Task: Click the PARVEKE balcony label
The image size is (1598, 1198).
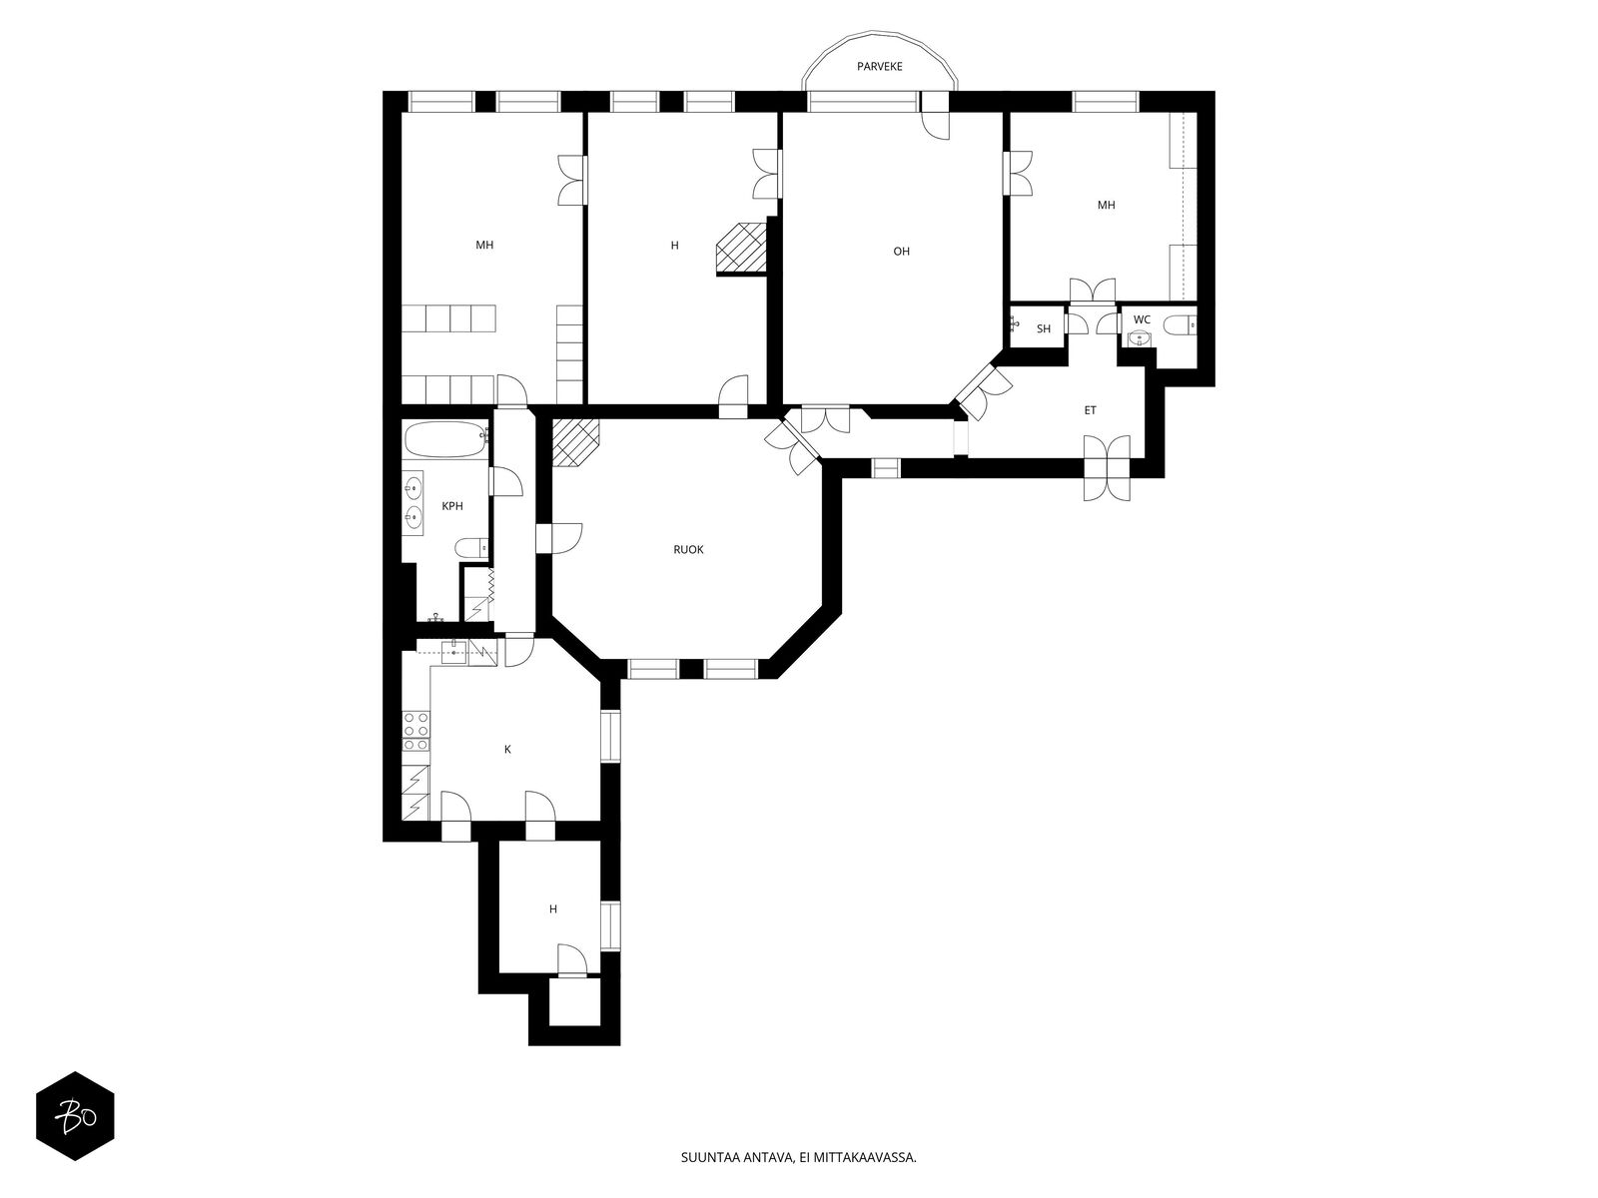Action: (x=880, y=66)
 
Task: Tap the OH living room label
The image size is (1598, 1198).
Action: (x=901, y=252)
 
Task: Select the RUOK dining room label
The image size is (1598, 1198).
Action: (x=688, y=550)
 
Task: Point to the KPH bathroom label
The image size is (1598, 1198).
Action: (x=452, y=506)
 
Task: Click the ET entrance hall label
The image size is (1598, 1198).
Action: (x=1090, y=411)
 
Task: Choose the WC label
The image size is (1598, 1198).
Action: (x=1142, y=320)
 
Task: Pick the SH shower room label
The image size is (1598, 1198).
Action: (x=1044, y=329)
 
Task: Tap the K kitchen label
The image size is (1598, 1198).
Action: (x=507, y=750)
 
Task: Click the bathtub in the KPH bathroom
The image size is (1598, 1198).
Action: (x=446, y=439)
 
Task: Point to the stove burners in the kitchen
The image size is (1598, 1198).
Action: (x=416, y=731)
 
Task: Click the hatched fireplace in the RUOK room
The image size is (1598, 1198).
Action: (x=575, y=442)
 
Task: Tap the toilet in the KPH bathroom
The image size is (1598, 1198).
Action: (x=471, y=548)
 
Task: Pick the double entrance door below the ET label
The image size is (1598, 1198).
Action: (x=1107, y=467)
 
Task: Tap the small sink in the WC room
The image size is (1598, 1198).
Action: (x=1138, y=338)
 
